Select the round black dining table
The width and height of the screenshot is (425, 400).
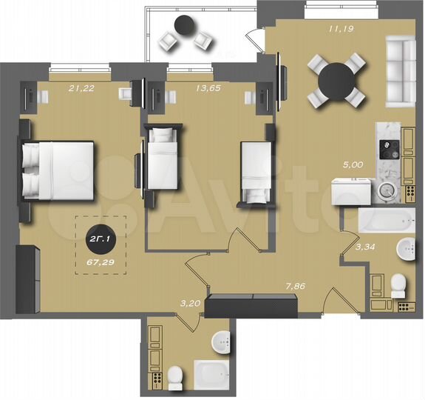coord(336,79)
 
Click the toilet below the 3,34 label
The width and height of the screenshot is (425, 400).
coord(397,283)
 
